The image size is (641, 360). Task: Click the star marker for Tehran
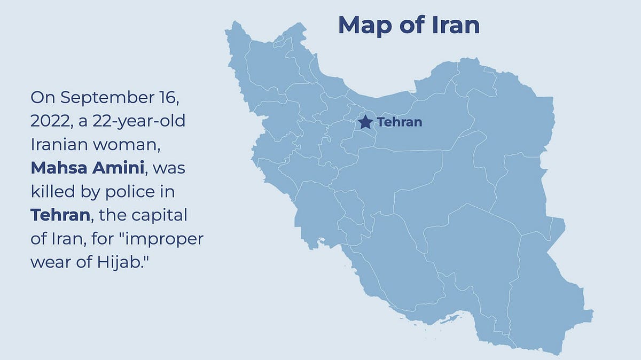point(365,122)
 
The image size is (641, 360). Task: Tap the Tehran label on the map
point(400,122)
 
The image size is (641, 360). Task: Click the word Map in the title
point(366,25)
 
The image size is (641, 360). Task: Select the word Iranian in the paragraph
point(59,145)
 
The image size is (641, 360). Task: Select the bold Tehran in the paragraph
point(60,215)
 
